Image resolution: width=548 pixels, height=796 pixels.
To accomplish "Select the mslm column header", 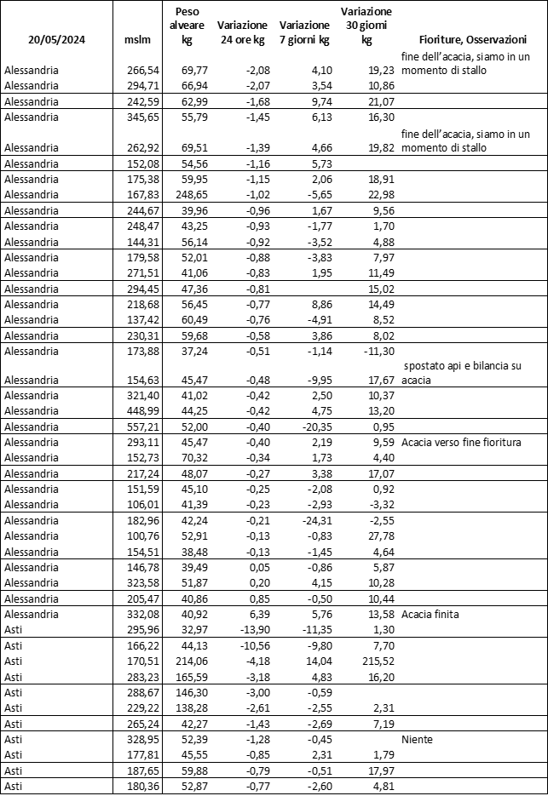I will (x=136, y=39).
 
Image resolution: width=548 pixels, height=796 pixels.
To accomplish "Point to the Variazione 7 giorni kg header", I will (x=304, y=32).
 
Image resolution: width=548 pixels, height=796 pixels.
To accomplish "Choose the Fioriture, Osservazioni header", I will (x=472, y=39).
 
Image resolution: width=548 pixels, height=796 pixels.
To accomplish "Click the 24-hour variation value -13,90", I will (x=251, y=629).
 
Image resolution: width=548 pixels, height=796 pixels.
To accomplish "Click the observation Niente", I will (x=416, y=740).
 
